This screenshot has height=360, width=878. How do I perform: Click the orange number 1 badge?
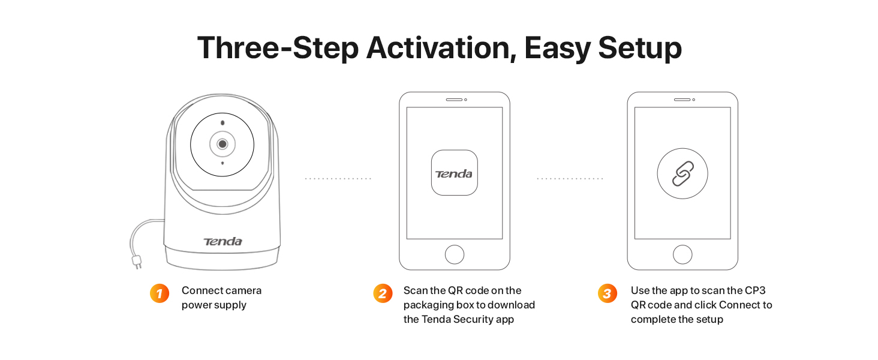pos(160,293)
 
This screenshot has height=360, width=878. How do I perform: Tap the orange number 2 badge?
pos(383,293)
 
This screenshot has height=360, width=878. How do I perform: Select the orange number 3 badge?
pos(608,293)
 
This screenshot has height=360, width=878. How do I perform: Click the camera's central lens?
pos(222,144)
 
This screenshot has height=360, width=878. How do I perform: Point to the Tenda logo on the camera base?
pos(222,241)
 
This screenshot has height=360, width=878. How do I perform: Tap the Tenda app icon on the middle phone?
pos(454,173)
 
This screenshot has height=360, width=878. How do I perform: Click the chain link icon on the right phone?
pos(683,173)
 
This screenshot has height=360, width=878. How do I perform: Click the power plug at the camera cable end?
pos(137,262)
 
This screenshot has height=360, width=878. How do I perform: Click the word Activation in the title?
pos(441,48)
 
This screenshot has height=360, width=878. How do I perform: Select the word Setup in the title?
pos(640,49)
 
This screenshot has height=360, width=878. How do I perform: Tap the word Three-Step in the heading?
pos(278,49)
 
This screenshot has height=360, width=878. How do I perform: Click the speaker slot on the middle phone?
pos(454,100)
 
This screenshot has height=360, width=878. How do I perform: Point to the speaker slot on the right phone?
pos(682,100)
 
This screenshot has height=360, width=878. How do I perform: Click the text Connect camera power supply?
pos(221,298)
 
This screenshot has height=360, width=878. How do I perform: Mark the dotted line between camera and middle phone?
pos(338,178)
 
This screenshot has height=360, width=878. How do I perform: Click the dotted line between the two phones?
pos(570,178)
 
